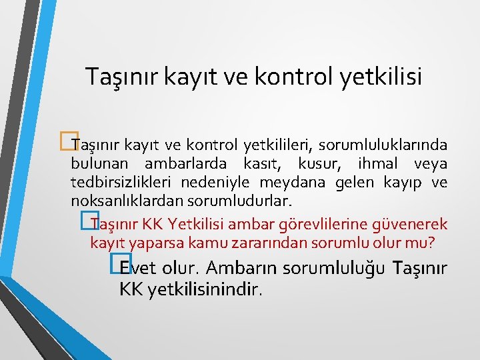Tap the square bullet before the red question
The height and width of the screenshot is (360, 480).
(85, 223)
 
